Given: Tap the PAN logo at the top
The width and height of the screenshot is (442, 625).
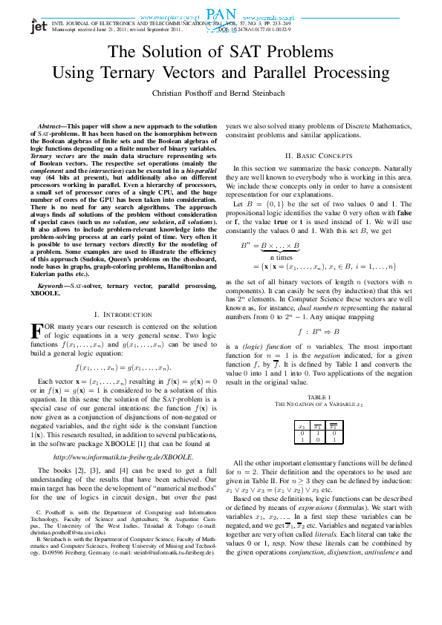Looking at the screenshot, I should click(x=221, y=14).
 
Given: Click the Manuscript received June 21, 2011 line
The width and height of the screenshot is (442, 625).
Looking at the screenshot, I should click(x=116, y=29).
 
